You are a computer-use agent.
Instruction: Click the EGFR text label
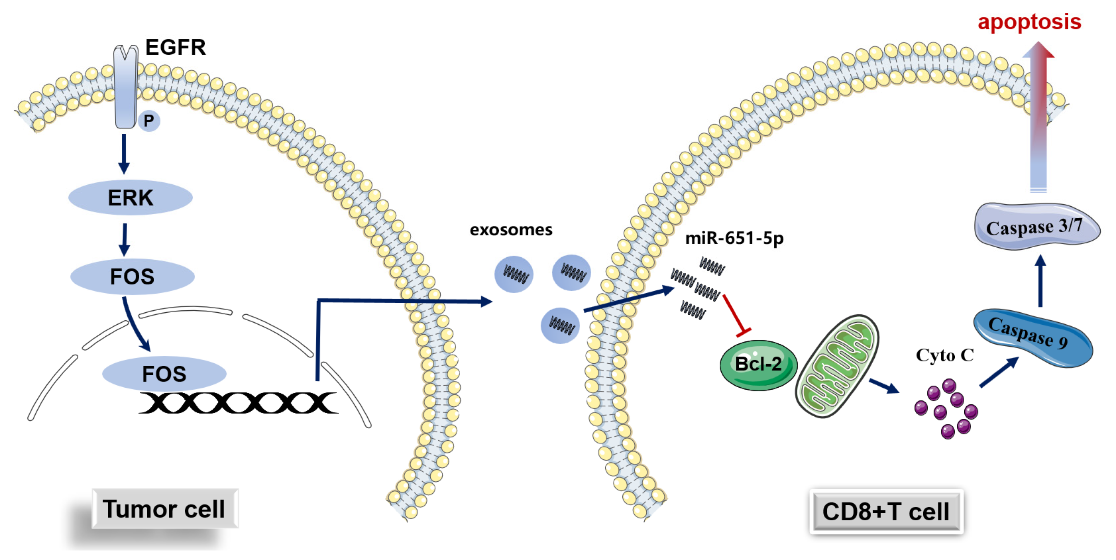click(175, 47)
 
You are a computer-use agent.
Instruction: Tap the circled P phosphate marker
click(148, 121)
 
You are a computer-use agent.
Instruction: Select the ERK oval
click(131, 198)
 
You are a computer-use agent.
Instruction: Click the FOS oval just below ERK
click(132, 277)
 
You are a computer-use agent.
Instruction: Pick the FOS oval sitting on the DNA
click(164, 374)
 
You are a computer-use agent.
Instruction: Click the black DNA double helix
click(238, 403)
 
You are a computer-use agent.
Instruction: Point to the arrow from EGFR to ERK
click(124, 153)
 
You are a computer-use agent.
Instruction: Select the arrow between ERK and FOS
click(125, 239)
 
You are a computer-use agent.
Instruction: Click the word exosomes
click(511, 230)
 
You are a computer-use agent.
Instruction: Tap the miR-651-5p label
click(734, 238)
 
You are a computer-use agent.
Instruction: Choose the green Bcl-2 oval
click(758, 365)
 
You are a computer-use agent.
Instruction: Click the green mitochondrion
click(837, 366)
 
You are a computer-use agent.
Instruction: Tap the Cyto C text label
click(944, 355)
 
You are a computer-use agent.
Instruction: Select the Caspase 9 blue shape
click(1033, 338)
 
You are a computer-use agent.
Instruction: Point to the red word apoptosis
click(1029, 22)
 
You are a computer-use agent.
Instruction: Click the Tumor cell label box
click(165, 509)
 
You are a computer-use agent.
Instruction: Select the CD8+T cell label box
click(886, 511)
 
